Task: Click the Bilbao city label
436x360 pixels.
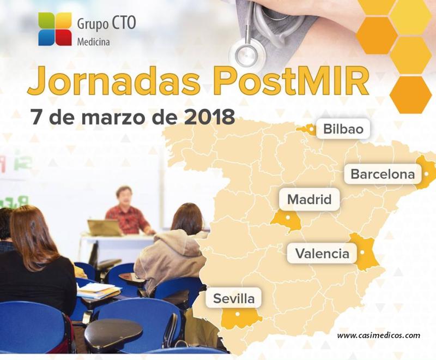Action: [x=344, y=129]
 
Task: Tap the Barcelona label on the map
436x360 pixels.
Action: [x=383, y=174]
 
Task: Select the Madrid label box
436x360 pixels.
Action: [x=309, y=200]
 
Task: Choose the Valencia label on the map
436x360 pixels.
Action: [x=322, y=254]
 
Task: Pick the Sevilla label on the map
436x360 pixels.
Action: [x=234, y=298]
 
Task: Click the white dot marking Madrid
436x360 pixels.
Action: [x=288, y=217]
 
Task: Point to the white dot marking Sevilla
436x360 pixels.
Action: [x=237, y=314]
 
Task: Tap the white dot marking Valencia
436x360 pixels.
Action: [x=362, y=253]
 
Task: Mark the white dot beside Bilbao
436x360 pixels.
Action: [x=312, y=129]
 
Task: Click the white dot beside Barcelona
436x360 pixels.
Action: [x=426, y=174]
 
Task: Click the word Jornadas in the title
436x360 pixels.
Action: [x=114, y=81]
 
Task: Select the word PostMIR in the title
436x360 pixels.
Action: [x=292, y=81]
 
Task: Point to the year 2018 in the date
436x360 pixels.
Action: [x=209, y=117]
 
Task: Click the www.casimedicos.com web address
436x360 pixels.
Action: [x=378, y=335]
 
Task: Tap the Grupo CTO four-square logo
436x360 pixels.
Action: [x=55, y=29]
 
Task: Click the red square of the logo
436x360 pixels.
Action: [x=63, y=37]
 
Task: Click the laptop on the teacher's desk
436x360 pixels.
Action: [x=104, y=227]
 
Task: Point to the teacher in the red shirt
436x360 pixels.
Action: [x=129, y=212]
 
